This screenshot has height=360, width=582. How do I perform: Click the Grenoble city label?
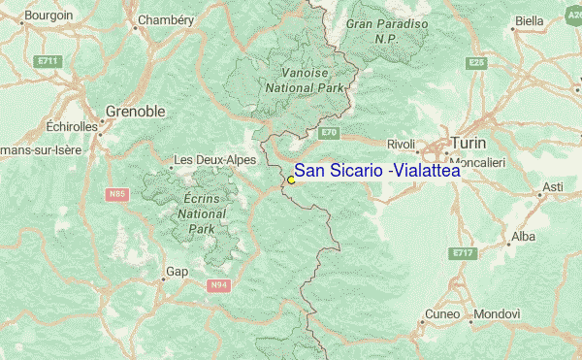135,112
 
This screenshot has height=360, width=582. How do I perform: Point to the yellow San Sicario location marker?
290,180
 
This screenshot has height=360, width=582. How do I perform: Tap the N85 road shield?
117,194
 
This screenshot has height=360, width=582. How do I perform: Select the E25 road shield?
474,62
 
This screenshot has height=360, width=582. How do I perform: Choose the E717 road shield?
463,253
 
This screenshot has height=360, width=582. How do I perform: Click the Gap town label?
178,272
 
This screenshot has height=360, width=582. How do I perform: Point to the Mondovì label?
498,315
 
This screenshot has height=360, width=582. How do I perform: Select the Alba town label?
523,236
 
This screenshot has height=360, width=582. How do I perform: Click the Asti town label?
553,186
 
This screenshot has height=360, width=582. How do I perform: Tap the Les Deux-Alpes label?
209,159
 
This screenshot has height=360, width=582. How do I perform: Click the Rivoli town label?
401,143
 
